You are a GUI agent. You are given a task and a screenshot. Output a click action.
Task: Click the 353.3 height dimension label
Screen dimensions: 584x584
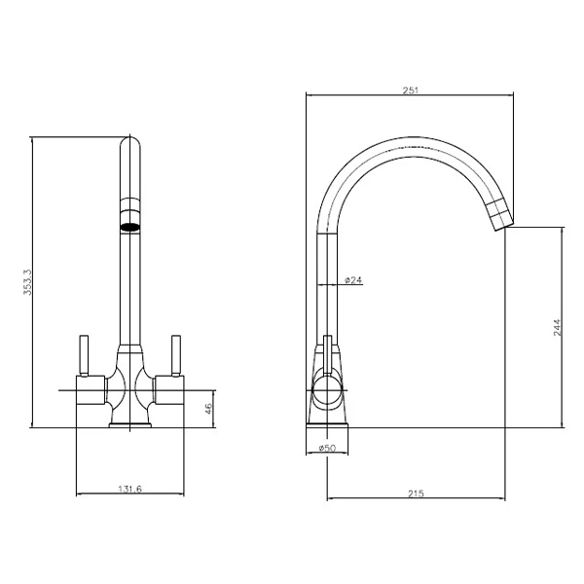click(28, 282)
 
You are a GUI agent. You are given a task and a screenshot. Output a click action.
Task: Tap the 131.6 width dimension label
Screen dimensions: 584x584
click(130, 489)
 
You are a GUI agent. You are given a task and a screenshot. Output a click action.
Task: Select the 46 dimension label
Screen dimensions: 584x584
click(208, 409)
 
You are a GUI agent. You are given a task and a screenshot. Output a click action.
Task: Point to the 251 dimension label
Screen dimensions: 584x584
click(411, 91)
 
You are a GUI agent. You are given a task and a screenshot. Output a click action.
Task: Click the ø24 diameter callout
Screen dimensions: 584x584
click(353, 280)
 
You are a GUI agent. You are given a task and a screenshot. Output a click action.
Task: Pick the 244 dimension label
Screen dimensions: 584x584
click(557, 327)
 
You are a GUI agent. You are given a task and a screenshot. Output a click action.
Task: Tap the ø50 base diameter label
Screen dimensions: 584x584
click(327, 448)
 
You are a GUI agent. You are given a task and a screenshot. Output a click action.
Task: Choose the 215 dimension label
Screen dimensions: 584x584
click(416, 493)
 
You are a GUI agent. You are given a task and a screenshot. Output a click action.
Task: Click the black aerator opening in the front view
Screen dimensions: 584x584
click(130, 226)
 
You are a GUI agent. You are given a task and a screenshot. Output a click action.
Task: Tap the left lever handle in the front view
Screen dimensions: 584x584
click(84, 355)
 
